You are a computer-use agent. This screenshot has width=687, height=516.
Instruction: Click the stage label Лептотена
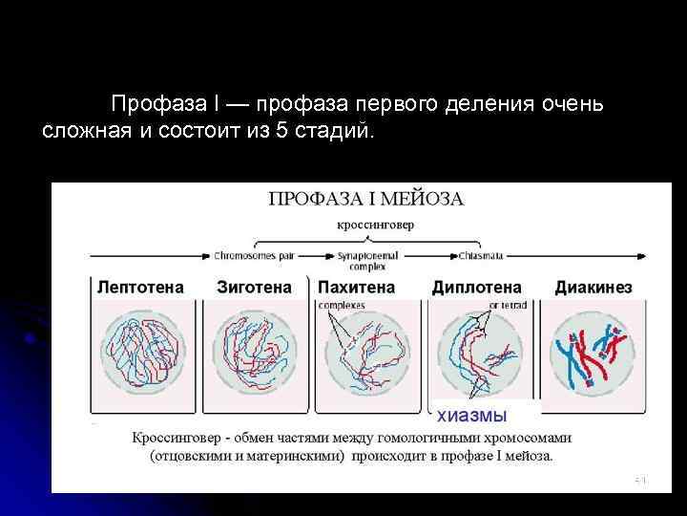[140, 286]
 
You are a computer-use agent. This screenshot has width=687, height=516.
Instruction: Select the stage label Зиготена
[254, 286]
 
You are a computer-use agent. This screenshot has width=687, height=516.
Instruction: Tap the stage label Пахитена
[356, 286]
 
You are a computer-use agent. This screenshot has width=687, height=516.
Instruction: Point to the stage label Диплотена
[476, 286]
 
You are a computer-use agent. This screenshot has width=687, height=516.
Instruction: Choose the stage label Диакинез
[593, 286]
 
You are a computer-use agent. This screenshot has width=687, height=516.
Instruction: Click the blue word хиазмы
[471, 415]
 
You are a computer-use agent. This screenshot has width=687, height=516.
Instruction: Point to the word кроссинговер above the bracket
[375, 226]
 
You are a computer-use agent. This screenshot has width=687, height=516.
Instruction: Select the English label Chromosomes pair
[257, 256]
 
